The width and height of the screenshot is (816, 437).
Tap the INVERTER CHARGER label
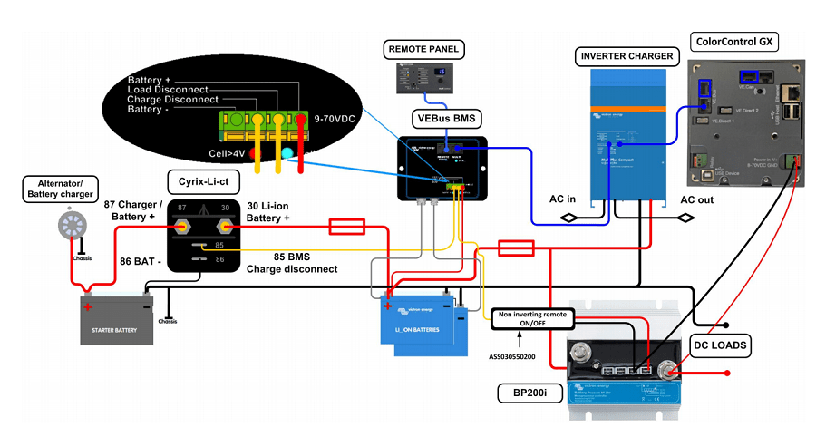pyautogui.click(x=627, y=56)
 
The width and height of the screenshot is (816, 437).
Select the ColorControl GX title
pyautogui.click(x=734, y=42)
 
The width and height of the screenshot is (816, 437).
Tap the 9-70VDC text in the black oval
pyautogui.click(x=336, y=118)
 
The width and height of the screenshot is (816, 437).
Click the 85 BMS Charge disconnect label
pyautogui.click(x=292, y=263)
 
